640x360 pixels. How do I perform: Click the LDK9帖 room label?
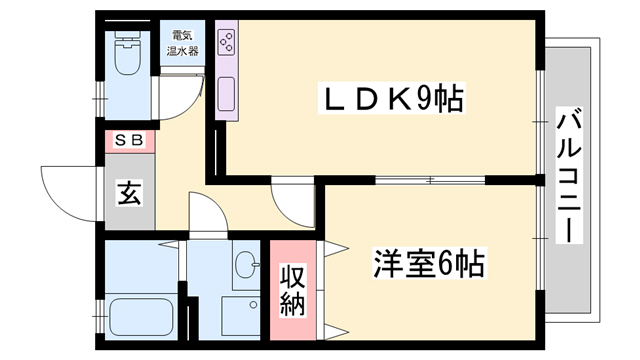(x=391, y=98)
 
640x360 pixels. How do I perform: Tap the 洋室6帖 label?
(x=429, y=263)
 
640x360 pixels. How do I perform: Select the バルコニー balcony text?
(x=569, y=176)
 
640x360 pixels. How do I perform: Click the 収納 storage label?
(x=293, y=290)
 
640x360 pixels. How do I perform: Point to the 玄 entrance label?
(x=130, y=193)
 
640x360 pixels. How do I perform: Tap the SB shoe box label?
(x=129, y=140)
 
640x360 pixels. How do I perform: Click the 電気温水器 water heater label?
(x=182, y=43)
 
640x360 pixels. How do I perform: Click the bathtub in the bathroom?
(x=141, y=318)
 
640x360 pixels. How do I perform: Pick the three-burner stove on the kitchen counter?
(x=226, y=42)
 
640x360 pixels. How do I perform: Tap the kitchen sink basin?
(x=226, y=94)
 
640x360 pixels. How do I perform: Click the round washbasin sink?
(x=247, y=264)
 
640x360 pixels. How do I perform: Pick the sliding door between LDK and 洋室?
(x=430, y=180)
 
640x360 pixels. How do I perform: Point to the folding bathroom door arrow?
(x=168, y=245)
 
